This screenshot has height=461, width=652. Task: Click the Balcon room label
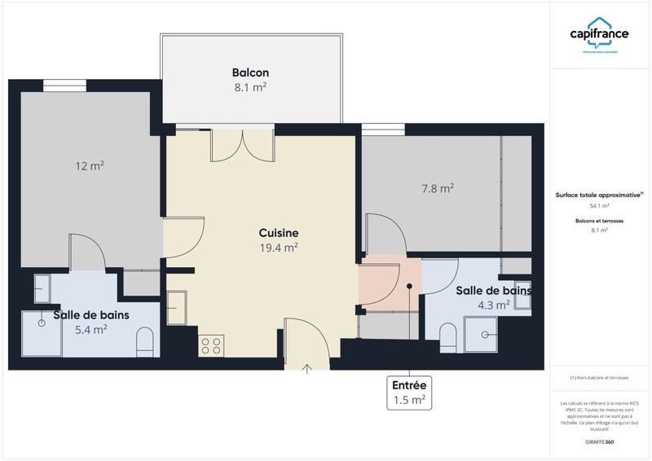tap(250, 72)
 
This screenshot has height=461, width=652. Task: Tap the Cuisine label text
tap(279, 232)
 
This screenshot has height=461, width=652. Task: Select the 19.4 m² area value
tap(279, 248)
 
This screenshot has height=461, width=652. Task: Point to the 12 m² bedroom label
tap(90, 166)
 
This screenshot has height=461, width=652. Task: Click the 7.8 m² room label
tap(437, 188)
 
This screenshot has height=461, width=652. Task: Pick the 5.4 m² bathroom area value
tap(90, 330)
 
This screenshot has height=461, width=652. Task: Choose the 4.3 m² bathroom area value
tap(493, 305)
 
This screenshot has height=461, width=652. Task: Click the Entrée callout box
tap(409, 393)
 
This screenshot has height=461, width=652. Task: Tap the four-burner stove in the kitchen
tap(211, 345)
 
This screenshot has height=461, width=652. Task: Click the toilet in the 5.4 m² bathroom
tap(145, 341)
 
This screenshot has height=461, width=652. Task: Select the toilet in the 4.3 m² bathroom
tap(447, 336)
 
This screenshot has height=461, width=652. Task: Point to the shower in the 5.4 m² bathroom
tap(41, 333)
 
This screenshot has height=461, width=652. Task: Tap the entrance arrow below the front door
tap(307, 368)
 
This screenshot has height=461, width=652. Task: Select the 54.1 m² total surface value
tap(599, 206)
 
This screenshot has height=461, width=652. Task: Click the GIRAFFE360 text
tap(599, 442)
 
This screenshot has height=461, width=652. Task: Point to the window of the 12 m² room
tap(64, 86)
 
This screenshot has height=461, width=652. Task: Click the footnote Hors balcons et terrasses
tap(599, 377)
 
